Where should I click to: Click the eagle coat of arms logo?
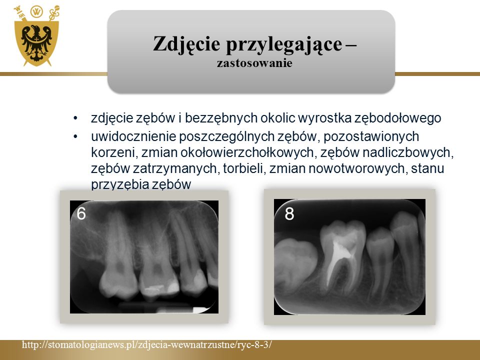[x=36, y=36]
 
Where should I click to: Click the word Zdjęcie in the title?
[x=186, y=44]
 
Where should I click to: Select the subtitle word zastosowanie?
[x=254, y=63]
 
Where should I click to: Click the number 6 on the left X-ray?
[x=81, y=213]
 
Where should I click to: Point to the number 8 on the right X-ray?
[x=289, y=213]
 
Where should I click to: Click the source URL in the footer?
[x=146, y=344]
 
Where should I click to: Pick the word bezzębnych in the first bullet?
[x=220, y=118]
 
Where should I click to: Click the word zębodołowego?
[x=397, y=118]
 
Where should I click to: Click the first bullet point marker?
[x=75, y=118]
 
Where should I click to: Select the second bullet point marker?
[x=75, y=136]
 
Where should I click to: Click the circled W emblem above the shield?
[x=36, y=12]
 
